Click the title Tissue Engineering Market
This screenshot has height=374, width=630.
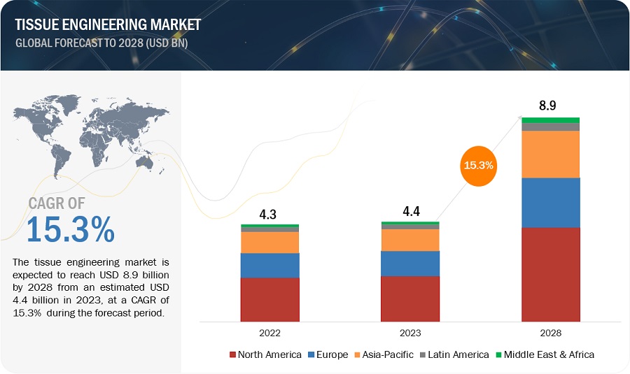point(106,25)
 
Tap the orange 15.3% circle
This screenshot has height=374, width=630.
point(478,166)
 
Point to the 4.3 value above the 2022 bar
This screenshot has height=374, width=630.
point(269,215)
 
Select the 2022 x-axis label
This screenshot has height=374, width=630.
point(269,333)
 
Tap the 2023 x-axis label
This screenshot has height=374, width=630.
point(410,333)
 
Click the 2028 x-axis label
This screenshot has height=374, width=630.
point(550,333)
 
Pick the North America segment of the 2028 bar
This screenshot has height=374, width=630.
point(550,274)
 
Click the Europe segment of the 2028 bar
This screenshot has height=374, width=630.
point(550,203)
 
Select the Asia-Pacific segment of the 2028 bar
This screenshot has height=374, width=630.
point(550,154)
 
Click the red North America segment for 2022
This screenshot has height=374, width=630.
point(269,299)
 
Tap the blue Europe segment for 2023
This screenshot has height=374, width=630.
point(410,264)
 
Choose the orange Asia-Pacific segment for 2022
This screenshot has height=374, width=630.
point(269,243)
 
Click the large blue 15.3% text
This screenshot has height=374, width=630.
point(71,230)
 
